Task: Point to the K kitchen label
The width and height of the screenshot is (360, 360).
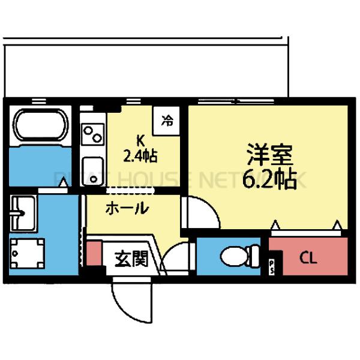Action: click(x=140, y=141)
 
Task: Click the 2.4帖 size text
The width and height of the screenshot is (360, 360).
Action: click(x=140, y=157)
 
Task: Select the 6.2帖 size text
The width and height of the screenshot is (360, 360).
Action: click(x=269, y=178)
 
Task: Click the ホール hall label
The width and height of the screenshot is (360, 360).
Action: click(x=127, y=209)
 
